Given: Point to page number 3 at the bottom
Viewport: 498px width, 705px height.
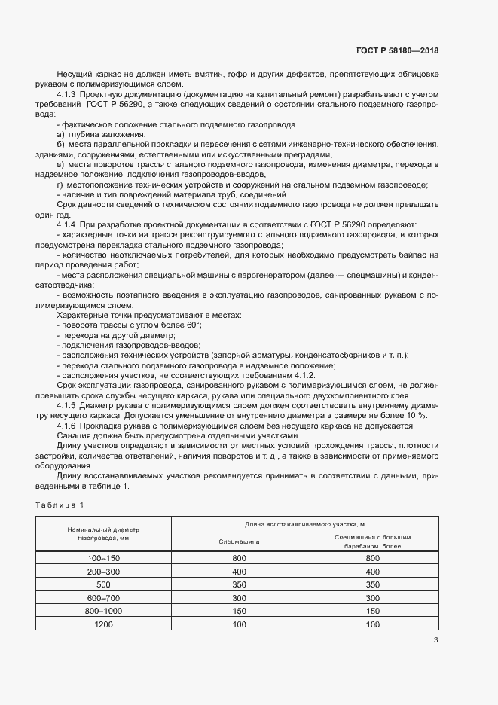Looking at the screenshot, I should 435,641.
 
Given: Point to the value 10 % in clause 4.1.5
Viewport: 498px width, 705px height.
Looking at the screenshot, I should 416,415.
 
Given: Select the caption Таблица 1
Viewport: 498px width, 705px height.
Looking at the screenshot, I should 61,504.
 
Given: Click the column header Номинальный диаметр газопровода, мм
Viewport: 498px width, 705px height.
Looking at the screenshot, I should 104,534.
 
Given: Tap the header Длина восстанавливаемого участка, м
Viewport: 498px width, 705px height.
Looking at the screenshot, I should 304,523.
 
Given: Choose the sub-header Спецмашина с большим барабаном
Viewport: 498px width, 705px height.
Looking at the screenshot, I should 371,542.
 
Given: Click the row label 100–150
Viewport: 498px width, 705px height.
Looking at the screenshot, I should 104,558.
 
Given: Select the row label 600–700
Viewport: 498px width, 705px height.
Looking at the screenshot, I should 104,597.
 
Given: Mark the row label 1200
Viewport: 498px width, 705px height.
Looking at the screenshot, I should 104,624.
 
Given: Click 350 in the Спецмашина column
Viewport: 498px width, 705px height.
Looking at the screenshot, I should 239,584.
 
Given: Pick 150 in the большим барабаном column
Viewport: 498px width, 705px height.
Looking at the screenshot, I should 371,611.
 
